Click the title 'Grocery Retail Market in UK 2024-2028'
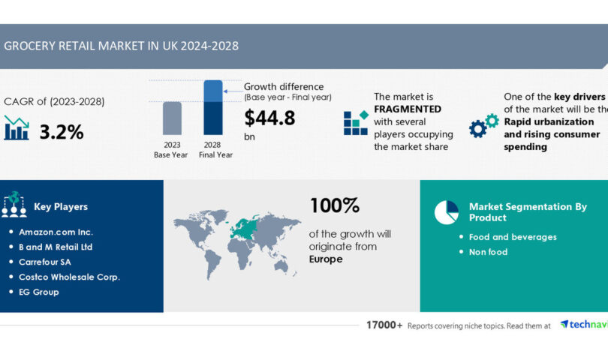click(x=122, y=46)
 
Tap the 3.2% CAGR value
click(x=62, y=133)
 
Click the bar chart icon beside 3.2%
click(x=17, y=128)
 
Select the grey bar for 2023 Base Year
click(x=172, y=119)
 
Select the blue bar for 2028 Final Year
click(x=213, y=109)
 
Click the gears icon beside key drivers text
click(x=483, y=125)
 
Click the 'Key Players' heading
click(x=61, y=207)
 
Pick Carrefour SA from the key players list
click(x=50, y=262)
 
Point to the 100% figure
click(x=334, y=205)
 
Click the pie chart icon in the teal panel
click(x=446, y=212)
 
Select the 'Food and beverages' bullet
click(x=513, y=237)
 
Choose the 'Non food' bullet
click(x=488, y=252)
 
